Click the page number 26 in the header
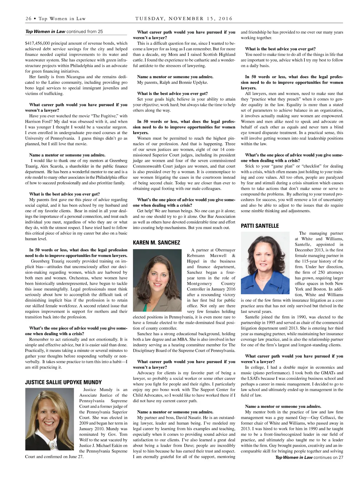(28, 19)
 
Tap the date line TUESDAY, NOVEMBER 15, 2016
(184, 19)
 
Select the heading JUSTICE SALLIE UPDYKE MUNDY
(63, 382)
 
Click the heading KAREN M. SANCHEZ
(156, 242)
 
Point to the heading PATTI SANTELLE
(260, 226)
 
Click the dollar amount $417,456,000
(38, 43)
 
